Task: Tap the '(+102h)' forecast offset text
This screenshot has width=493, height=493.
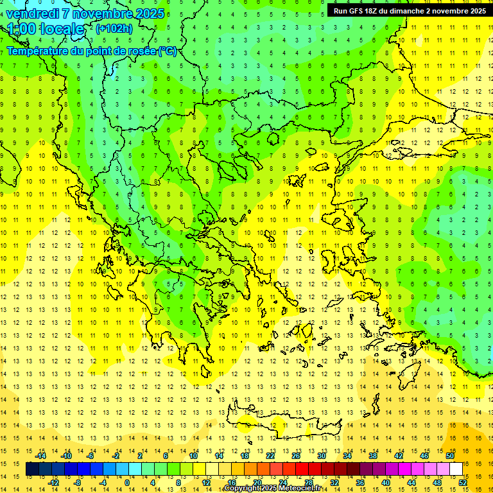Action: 114,28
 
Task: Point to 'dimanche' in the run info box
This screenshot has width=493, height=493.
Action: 415,11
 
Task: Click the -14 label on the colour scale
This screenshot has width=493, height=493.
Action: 40,456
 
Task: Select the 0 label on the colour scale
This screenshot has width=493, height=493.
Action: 127,483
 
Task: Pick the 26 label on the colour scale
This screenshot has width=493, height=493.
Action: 296,456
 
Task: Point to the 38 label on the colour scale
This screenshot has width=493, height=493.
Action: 373,456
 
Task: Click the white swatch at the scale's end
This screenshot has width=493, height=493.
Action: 456,469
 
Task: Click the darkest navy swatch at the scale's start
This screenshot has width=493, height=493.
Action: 33,469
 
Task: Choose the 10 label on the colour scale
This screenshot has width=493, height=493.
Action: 193,456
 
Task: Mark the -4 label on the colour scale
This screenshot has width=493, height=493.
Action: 103,483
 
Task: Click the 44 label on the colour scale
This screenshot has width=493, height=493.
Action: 411,483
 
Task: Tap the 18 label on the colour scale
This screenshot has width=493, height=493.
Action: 245,456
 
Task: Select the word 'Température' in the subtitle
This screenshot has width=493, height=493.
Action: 35,51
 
